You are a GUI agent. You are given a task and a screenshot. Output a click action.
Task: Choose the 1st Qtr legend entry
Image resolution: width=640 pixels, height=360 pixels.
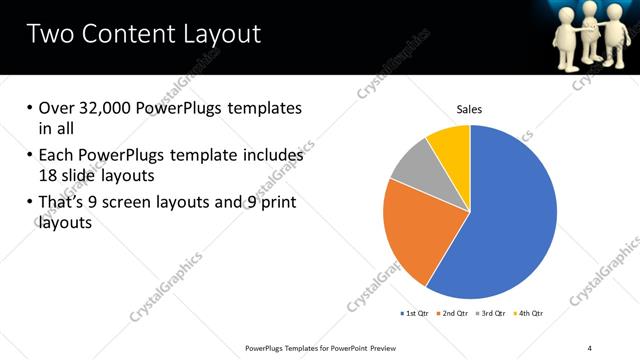[x=413, y=314]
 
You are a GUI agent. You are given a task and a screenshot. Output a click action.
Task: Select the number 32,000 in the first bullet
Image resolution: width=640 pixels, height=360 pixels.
[x=105, y=108]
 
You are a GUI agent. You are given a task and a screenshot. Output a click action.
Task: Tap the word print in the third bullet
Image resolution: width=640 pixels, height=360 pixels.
[x=277, y=203]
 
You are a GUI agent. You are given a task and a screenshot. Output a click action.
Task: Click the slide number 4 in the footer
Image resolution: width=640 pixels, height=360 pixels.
[x=590, y=347]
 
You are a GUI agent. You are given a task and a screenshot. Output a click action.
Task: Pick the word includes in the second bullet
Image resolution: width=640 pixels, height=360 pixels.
[x=271, y=155]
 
